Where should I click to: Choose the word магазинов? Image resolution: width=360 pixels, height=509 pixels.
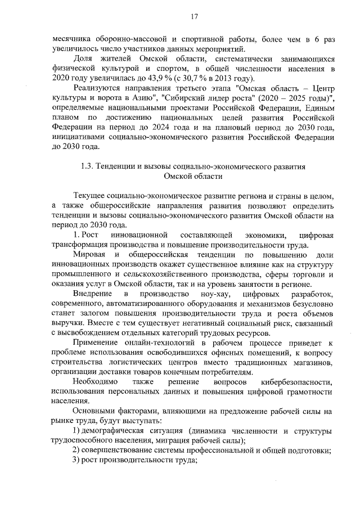click(x=309, y=363)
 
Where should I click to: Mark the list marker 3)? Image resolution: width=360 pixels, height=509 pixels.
click(x=78, y=461)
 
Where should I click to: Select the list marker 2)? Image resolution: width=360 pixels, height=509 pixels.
click(x=78, y=451)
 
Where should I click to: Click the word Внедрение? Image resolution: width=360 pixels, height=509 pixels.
click(x=92, y=295)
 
